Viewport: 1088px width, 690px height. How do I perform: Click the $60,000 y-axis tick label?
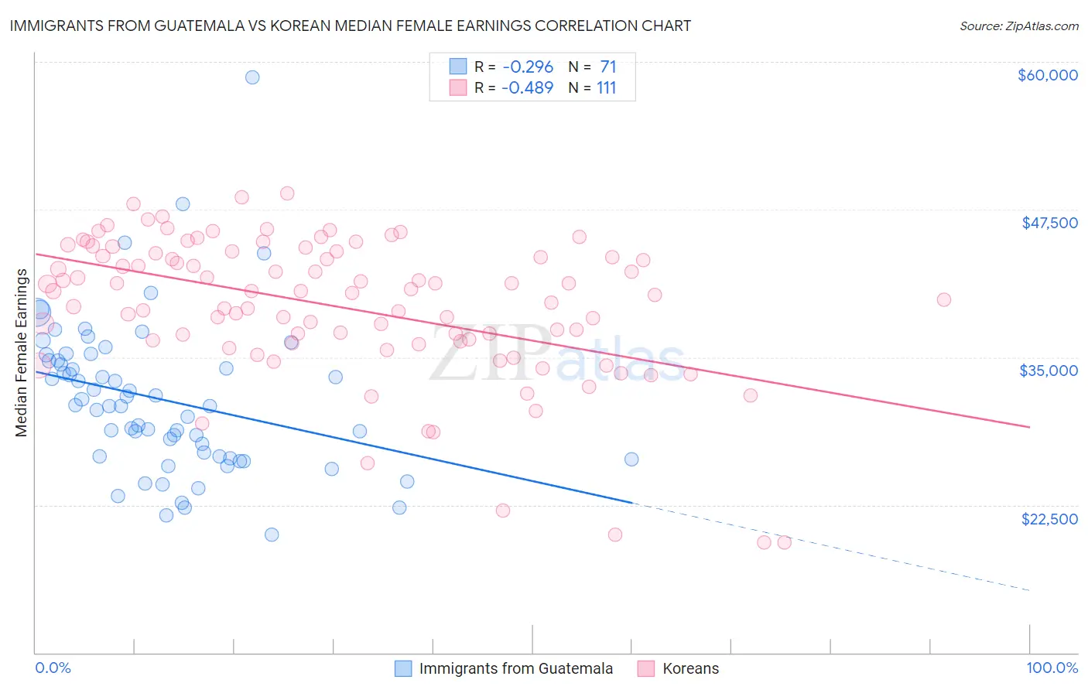click(1047, 75)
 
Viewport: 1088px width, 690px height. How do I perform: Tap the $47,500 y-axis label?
click(1049, 223)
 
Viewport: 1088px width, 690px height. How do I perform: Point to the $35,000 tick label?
click(1049, 371)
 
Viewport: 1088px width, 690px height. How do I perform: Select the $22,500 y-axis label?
click(1049, 519)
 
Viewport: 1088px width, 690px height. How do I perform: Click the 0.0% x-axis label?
click(53, 668)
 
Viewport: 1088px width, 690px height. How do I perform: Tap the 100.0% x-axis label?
click(1052, 668)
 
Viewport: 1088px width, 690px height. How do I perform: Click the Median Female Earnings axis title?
click(22, 353)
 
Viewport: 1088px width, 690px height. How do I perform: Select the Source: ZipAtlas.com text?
click(1018, 26)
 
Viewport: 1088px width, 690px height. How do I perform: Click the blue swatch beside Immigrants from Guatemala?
click(403, 668)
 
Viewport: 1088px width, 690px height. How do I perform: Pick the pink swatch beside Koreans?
click(646, 668)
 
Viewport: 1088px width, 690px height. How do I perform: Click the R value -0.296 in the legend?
click(527, 67)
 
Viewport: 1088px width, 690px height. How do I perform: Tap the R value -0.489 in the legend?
click(527, 88)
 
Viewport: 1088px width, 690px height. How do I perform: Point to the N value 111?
click(606, 88)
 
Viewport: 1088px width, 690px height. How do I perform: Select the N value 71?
click(607, 67)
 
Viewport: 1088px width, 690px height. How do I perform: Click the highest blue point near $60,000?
click(252, 77)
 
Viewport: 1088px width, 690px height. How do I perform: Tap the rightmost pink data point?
click(943, 300)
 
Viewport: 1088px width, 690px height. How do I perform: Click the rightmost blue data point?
click(631, 459)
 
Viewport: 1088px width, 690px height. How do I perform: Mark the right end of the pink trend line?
click(1029, 427)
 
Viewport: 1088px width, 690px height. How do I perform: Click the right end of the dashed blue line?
click(1029, 591)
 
